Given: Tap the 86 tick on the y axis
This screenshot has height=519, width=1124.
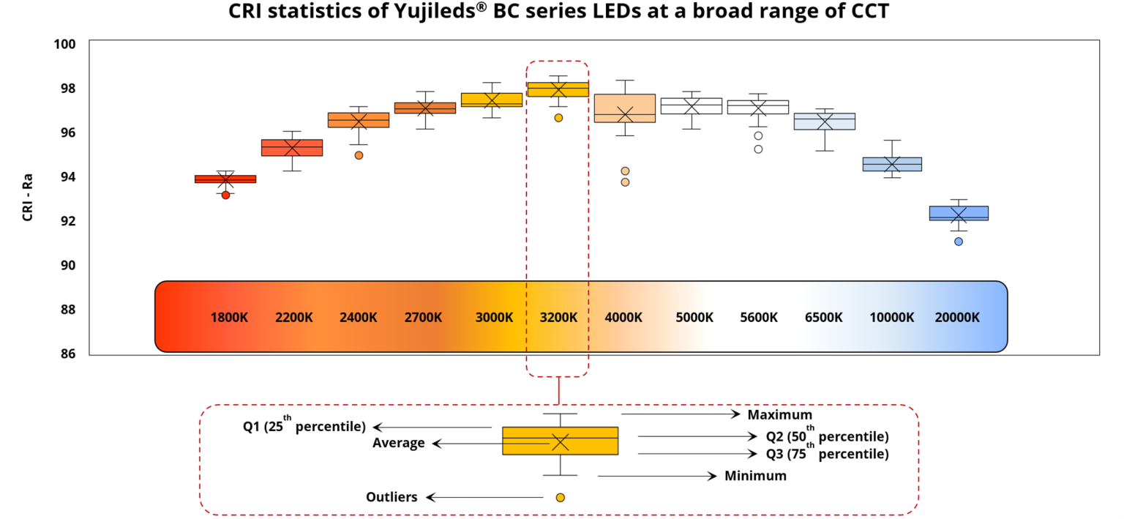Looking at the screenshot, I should (x=67, y=354).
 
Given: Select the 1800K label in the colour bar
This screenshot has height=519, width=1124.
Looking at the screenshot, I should (x=229, y=318).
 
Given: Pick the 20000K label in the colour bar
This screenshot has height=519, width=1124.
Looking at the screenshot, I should (x=957, y=318).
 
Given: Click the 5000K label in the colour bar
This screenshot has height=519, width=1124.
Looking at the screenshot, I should (x=694, y=318).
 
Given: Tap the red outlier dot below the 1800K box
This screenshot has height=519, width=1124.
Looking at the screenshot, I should (x=225, y=195).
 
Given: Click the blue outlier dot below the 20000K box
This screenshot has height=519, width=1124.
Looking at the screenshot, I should (x=959, y=242).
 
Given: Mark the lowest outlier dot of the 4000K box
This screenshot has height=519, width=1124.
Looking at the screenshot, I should (x=625, y=182).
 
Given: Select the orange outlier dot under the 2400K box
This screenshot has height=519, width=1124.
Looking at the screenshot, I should (x=359, y=155).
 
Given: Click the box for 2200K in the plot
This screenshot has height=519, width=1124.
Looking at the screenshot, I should (x=292, y=148).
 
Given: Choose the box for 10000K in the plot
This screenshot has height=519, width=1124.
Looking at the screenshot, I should (x=891, y=164).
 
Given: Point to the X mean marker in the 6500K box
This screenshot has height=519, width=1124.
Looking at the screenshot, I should (x=825, y=122).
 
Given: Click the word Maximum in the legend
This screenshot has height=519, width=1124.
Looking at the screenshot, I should (x=779, y=415).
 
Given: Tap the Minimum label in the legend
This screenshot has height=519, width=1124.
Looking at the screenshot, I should (x=755, y=476).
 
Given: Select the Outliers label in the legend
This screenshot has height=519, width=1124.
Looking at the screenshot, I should (x=391, y=497).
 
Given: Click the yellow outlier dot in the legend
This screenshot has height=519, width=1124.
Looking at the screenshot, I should (x=561, y=498).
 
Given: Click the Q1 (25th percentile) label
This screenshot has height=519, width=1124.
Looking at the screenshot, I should (x=304, y=427).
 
